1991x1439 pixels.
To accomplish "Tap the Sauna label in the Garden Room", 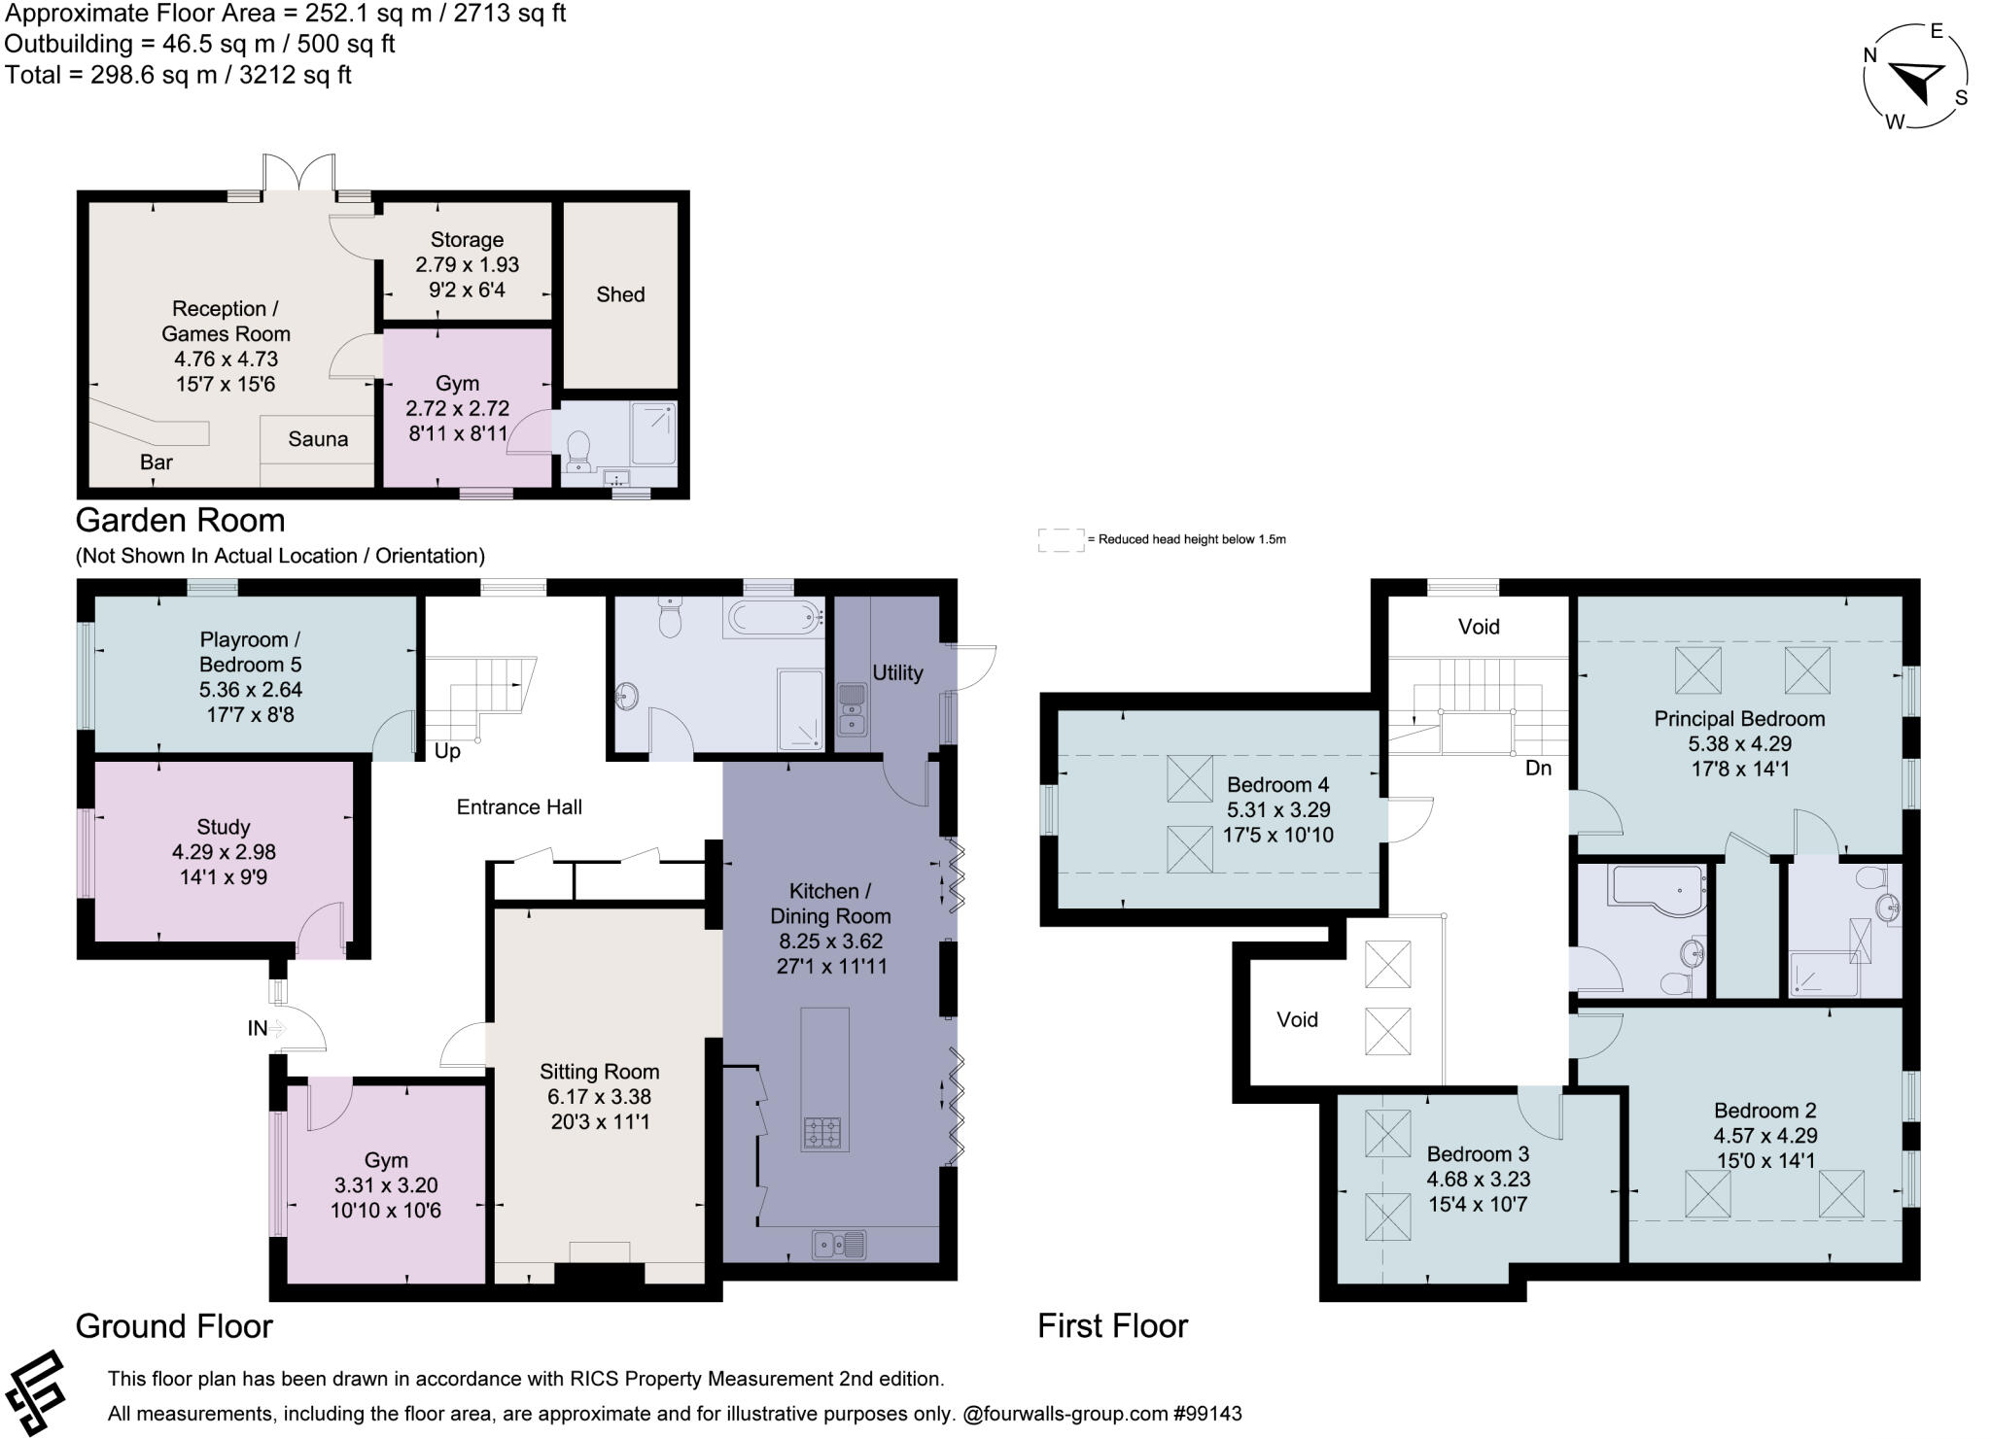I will [318, 439].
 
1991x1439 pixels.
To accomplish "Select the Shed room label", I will [620, 294].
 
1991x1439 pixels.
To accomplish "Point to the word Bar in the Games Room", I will [157, 463].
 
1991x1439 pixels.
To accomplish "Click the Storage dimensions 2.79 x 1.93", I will [467, 264].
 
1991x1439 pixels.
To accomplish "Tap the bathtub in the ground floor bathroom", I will [774, 617].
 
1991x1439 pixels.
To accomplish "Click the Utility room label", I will [897, 672].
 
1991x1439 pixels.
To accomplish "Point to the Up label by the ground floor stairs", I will [447, 751].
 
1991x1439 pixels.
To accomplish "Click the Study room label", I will [224, 827].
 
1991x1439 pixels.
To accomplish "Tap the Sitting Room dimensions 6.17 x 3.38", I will [599, 1097].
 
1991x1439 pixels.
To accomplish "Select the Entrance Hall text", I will [519, 806].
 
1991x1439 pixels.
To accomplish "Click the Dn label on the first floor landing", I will [1539, 768].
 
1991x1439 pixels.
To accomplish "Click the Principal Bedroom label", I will [1739, 719].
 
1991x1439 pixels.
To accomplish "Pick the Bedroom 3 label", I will [1478, 1154].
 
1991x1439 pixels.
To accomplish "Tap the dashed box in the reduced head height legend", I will [1061, 540].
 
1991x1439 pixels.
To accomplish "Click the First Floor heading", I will [1112, 1326].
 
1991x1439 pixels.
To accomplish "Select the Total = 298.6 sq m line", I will [178, 75].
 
